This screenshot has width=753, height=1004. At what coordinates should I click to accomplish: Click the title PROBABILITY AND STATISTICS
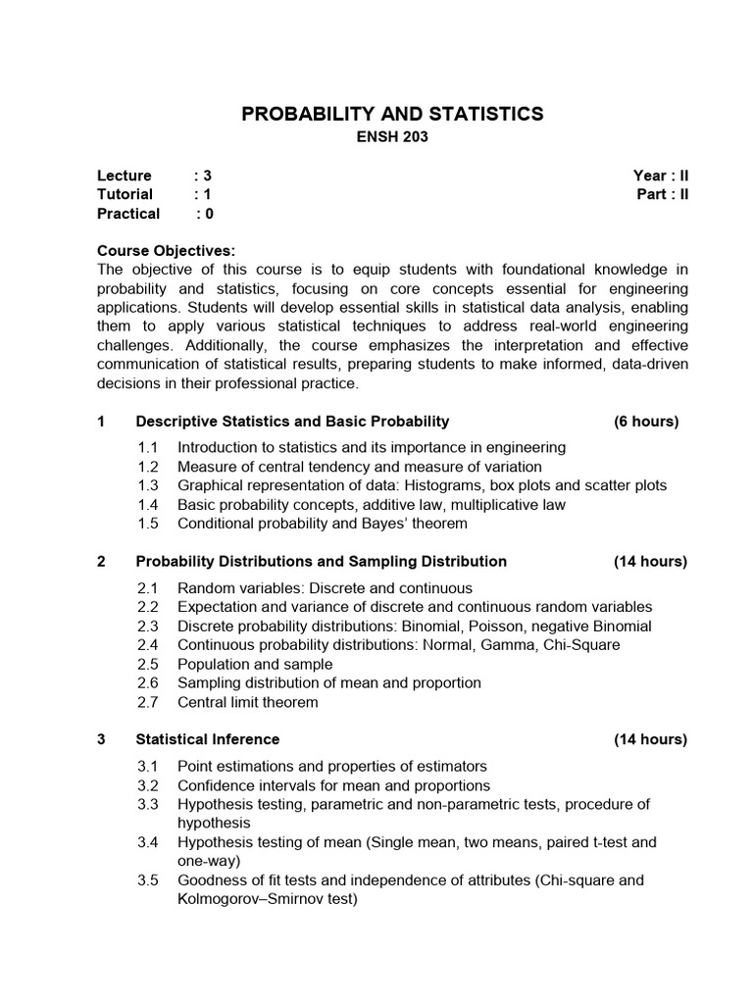(392, 115)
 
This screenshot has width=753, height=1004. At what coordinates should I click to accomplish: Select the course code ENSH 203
(391, 138)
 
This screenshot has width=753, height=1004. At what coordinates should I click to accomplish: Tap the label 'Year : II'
(661, 176)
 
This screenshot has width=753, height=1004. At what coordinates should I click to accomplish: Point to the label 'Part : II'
(663, 194)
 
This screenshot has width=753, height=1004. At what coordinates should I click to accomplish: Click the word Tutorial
(125, 194)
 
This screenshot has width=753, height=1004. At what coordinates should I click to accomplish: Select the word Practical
(128, 213)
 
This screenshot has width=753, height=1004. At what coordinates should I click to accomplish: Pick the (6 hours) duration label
(646, 422)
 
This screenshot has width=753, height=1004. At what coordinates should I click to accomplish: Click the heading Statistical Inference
(207, 739)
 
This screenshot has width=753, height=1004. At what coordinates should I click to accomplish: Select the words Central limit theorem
(247, 702)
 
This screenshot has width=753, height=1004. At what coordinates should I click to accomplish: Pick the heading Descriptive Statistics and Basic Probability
(292, 422)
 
